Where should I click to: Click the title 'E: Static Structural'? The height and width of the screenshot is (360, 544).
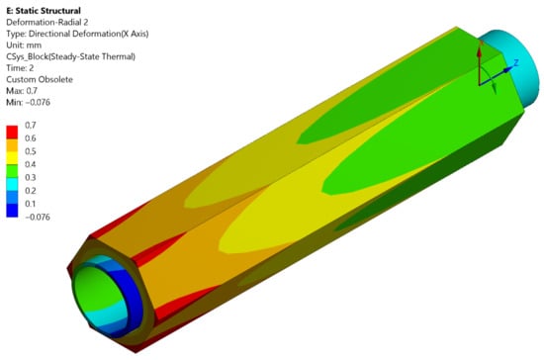(44, 11)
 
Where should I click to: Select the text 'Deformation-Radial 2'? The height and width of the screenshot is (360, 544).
(46, 22)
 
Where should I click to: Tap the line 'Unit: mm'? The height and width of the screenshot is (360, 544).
(24, 45)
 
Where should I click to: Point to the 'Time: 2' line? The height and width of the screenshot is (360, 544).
(20, 68)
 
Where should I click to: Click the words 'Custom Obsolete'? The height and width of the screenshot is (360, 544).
(40, 79)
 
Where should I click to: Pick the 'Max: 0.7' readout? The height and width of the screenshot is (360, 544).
(22, 91)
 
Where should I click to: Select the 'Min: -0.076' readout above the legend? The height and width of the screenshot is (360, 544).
(28, 102)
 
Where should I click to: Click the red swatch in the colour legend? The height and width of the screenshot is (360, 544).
(12, 133)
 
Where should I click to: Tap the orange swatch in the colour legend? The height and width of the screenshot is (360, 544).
(12, 145)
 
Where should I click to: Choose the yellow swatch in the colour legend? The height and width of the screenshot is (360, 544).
(12, 158)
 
